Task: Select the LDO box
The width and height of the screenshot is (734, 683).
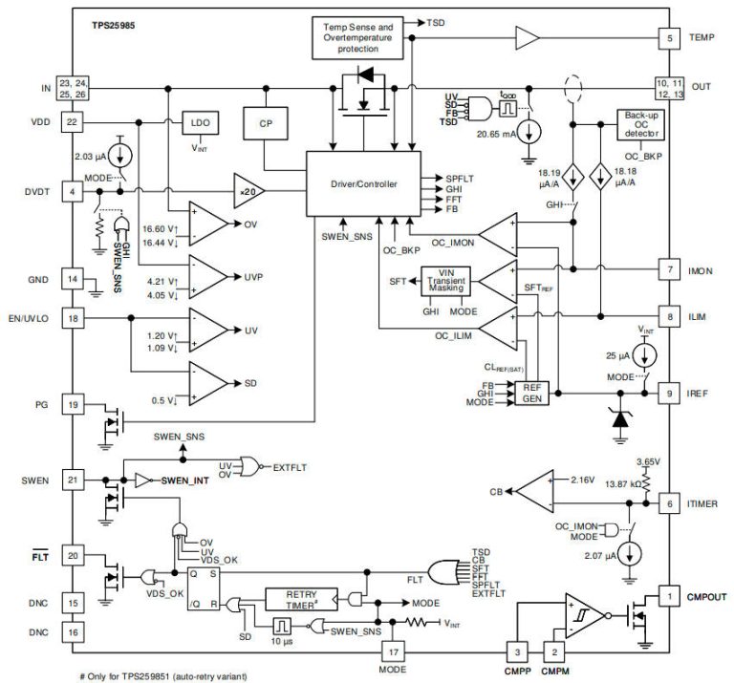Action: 201,125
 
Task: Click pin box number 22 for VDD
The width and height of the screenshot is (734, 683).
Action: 72,122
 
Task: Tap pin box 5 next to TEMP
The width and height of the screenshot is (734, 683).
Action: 668,37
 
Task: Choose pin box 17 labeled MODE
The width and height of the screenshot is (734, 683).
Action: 391,651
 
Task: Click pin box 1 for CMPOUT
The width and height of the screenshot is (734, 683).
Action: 668,597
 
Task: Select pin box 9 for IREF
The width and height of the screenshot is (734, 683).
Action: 668,392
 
